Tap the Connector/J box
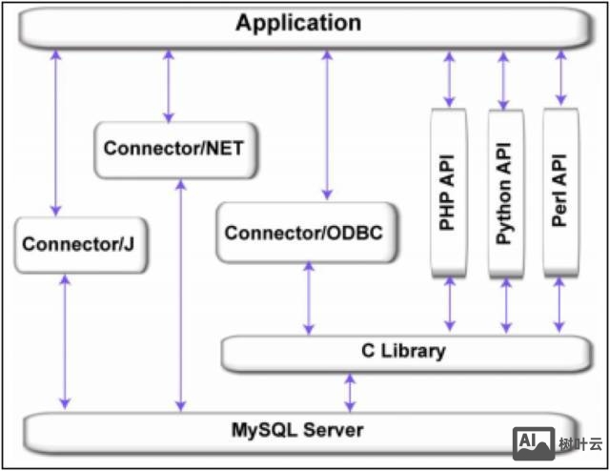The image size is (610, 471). click(78, 244)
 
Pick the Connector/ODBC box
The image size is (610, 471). click(309, 232)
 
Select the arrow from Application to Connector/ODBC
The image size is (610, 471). click(327, 124)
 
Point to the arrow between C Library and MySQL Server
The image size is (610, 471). click(350, 392)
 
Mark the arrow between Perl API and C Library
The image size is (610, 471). click(559, 306)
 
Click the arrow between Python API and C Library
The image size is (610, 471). click(506, 306)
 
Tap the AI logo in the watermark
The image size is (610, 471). click(534, 441)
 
